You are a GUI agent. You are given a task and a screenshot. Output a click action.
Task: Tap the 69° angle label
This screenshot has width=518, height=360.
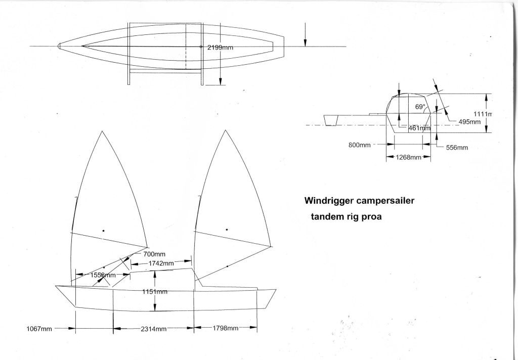[x=420, y=107]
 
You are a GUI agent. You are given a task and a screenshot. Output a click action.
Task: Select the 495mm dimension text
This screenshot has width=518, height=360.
[x=469, y=122]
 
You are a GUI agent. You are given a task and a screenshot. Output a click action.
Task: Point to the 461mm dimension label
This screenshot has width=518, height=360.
[x=419, y=128]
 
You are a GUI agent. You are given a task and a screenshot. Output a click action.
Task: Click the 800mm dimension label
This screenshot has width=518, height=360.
[x=359, y=145]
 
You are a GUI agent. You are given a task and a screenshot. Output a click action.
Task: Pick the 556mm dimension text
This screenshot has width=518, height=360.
[x=457, y=148]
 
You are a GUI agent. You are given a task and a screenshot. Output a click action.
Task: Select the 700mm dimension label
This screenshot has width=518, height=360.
[x=154, y=254]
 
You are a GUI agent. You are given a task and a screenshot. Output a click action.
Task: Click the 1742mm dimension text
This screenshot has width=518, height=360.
[x=161, y=263]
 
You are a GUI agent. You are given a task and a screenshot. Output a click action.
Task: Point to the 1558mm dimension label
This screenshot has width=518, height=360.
[x=103, y=275]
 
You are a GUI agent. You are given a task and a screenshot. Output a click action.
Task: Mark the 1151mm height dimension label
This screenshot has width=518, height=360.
[x=154, y=292]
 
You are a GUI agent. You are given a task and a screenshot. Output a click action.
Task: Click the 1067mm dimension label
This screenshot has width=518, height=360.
[x=39, y=329]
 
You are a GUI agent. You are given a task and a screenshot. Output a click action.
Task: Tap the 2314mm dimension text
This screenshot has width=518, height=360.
[x=154, y=329]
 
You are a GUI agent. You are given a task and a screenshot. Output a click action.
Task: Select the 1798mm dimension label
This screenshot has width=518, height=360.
[x=225, y=329]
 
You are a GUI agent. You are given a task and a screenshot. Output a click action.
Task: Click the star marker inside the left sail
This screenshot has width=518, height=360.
[x=103, y=231]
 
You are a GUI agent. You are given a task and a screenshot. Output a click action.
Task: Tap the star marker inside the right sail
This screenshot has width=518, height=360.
[x=227, y=230]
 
